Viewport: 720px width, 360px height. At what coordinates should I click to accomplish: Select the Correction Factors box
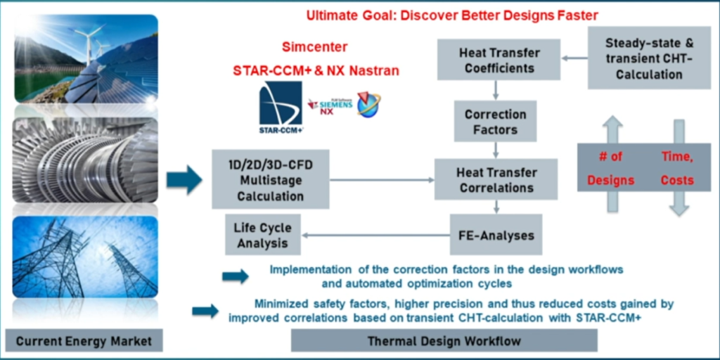point(496,122)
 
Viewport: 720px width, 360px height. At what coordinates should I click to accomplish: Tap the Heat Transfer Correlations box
point(496,179)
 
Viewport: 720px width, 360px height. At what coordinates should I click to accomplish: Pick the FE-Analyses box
point(496,235)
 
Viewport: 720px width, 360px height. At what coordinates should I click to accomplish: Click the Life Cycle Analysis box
point(262,236)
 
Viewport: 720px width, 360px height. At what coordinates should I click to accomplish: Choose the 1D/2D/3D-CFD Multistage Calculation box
point(270,179)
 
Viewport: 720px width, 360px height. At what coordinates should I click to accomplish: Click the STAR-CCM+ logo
point(281,107)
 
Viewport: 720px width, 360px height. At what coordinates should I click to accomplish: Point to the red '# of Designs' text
point(611,168)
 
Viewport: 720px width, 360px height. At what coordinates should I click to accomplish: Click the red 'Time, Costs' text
point(677,168)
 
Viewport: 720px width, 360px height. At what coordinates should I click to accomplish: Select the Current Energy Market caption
point(84,341)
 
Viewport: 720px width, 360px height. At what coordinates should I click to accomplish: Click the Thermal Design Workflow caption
point(444,341)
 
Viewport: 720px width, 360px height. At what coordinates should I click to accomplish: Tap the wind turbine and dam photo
point(85,60)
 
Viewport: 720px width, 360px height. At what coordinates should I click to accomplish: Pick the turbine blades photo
point(85,160)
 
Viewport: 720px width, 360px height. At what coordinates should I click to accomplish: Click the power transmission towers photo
point(85,258)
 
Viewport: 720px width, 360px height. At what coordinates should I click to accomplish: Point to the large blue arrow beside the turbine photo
point(184,180)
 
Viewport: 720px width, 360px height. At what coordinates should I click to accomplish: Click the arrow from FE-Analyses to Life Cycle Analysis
point(375,236)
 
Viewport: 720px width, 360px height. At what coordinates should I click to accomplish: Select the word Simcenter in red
point(314,48)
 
